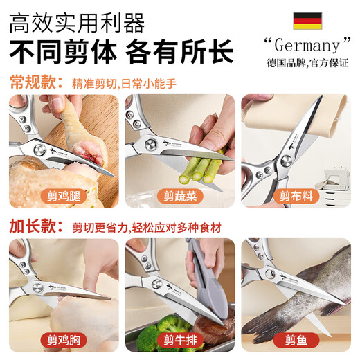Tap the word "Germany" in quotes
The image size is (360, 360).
[x=303, y=46]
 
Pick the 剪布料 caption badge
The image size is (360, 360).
[x=297, y=196]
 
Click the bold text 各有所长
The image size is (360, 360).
[x=183, y=52]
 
